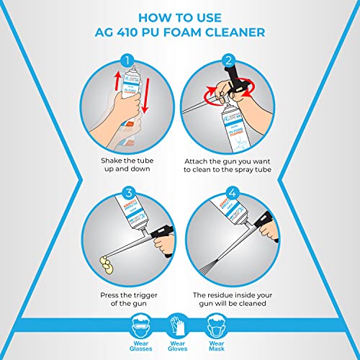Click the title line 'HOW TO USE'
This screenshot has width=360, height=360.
pyautogui.click(x=179, y=16)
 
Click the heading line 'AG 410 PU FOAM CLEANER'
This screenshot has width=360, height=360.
pyautogui.click(x=179, y=32)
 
